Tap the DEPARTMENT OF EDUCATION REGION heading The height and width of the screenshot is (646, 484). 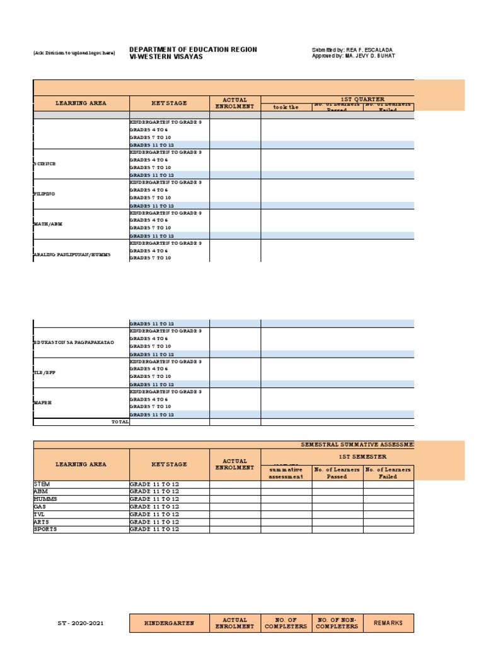click(x=193, y=49)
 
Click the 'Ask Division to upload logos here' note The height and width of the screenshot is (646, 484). click(x=74, y=53)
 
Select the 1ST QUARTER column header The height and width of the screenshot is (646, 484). click(x=362, y=99)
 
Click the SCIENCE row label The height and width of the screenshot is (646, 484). click(x=45, y=163)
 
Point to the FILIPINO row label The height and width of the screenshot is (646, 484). click(x=45, y=194)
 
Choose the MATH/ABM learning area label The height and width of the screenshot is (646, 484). click(x=48, y=224)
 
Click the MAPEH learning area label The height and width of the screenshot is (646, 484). click(x=43, y=402)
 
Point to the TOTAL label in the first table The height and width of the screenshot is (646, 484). click(x=120, y=421)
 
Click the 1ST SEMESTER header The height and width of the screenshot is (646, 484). click(x=362, y=456)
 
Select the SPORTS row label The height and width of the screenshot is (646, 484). click(x=45, y=529)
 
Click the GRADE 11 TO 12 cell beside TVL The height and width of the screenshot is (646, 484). click(x=154, y=514)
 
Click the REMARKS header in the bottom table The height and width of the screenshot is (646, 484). click(x=388, y=623)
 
